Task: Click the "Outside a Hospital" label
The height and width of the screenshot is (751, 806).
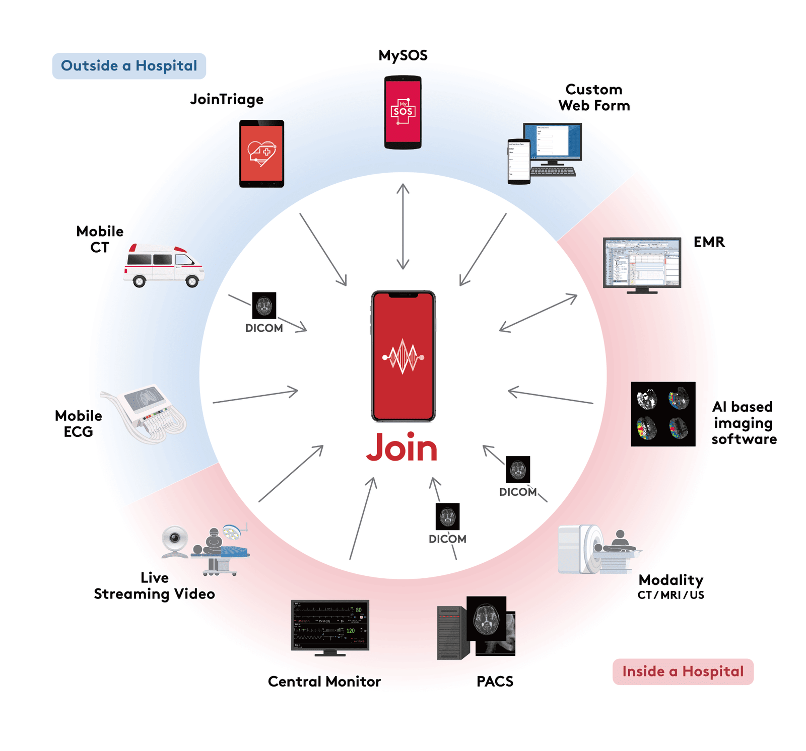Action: click(x=129, y=66)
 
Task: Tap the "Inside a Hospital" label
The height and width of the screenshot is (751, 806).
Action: click(x=683, y=671)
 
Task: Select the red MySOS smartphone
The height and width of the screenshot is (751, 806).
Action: click(x=402, y=112)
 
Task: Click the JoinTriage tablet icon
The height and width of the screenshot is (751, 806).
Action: click(x=261, y=154)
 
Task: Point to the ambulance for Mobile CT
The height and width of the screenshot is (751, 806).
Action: click(x=164, y=265)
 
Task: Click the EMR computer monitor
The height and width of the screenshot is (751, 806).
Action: click(x=642, y=263)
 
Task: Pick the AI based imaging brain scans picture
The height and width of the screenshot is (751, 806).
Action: click(x=663, y=414)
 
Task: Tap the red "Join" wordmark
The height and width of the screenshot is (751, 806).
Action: click(x=402, y=447)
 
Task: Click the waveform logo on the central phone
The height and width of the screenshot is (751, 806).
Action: click(x=403, y=357)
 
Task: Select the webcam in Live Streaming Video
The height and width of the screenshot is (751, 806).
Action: click(x=175, y=541)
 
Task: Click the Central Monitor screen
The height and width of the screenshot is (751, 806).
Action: click(x=330, y=625)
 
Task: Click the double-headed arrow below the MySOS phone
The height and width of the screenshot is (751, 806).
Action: click(x=402, y=227)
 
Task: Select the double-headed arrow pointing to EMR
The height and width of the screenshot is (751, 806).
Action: click(x=538, y=313)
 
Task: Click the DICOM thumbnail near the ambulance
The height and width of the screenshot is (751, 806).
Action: click(x=264, y=306)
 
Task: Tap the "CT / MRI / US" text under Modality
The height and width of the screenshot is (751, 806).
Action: click(x=670, y=595)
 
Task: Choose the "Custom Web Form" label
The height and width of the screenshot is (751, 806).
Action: click(x=594, y=98)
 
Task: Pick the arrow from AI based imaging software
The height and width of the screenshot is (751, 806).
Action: click(x=550, y=397)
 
